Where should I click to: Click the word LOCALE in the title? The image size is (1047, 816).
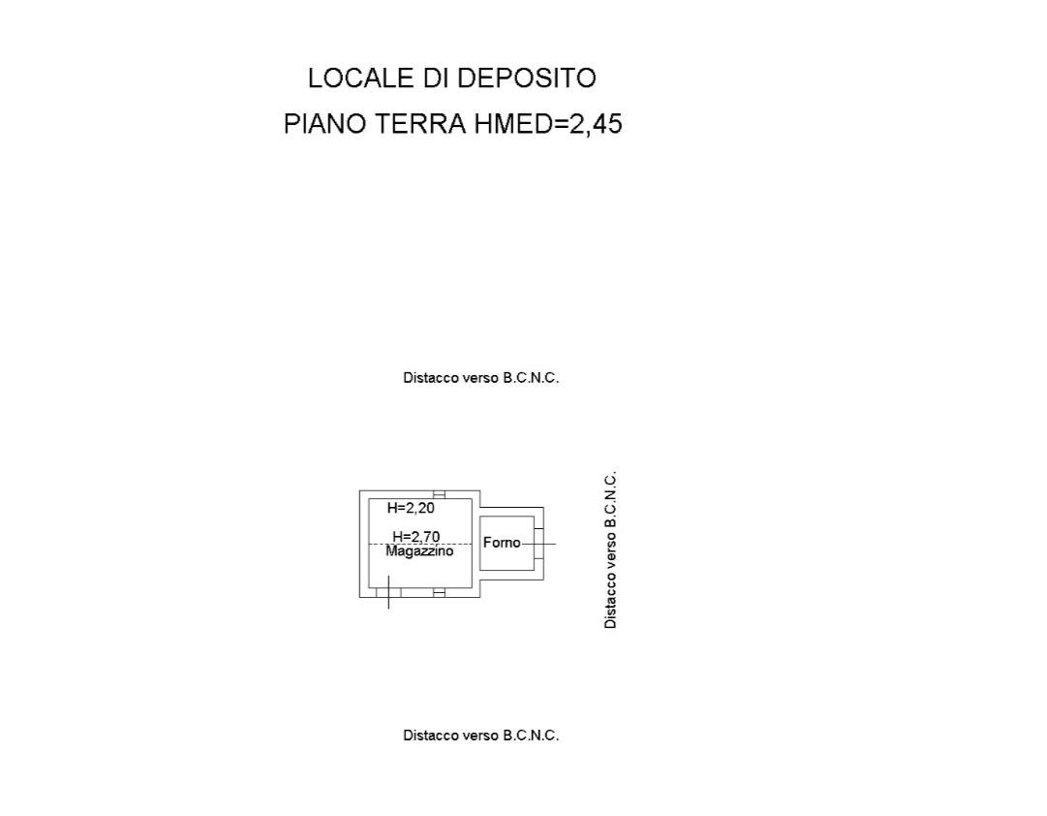(360, 78)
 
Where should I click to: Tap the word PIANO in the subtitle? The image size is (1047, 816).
(325, 124)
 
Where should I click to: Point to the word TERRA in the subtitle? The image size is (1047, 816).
(420, 124)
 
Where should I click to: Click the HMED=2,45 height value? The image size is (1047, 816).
(548, 124)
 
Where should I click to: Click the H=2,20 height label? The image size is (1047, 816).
(411, 508)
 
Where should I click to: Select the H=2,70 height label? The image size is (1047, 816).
(416, 536)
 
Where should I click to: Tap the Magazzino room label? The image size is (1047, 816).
(419, 551)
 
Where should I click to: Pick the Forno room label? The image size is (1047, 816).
(502, 543)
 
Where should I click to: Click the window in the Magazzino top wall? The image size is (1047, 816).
(440, 494)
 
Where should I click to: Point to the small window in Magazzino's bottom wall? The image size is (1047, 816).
(440, 592)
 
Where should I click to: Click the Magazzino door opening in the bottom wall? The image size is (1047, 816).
(388, 592)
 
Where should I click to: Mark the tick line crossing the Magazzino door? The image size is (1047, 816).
(388, 592)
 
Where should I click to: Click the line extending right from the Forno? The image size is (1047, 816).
(539, 544)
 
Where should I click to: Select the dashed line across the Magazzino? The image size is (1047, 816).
(420, 544)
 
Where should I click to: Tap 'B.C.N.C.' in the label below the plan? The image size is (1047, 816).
(531, 736)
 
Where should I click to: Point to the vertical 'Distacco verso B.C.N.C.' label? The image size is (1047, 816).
(610, 550)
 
